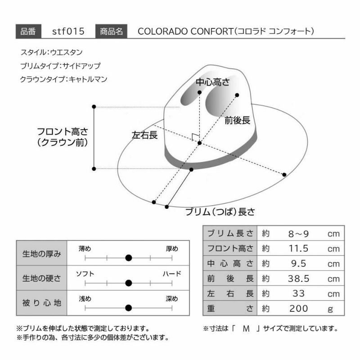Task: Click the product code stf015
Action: pyautogui.click(x=68, y=31)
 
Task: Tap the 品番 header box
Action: pyautogui.click(x=28, y=31)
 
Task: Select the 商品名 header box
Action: pyautogui.click(x=111, y=31)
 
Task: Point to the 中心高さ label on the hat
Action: pyautogui.click(x=212, y=82)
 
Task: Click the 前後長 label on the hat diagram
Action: pyautogui.click(x=237, y=120)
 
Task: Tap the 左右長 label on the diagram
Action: pyautogui.click(x=144, y=135)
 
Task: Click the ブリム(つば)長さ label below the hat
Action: pyautogui.click(x=220, y=211)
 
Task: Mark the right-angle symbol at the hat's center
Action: pyautogui.click(x=195, y=137)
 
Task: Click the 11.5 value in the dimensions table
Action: pyautogui.click(x=298, y=248)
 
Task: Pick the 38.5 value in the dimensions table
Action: pyautogui.click(x=298, y=279)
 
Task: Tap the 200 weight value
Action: pyautogui.click(x=298, y=309)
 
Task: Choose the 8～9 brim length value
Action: pyautogui.click(x=298, y=234)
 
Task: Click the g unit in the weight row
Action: pyautogui.click(x=330, y=309)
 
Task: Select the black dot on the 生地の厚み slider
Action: pyautogui.click(x=129, y=258)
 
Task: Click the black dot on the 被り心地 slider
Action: pyautogui.click(x=129, y=308)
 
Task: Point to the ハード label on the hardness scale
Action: pyautogui.click(x=172, y=274)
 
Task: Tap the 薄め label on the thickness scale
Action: pyautogui.click(x=85, y=249)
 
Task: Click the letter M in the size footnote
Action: pyautogui.click(x=246, y=329)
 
